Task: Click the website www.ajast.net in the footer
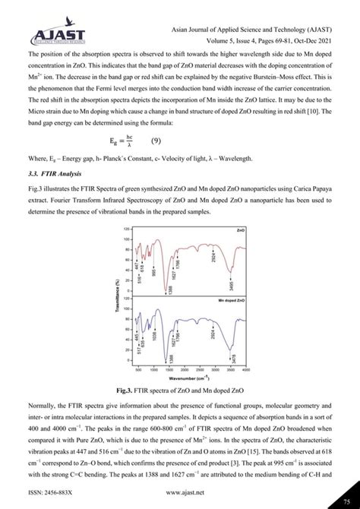(x=180, y=492)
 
